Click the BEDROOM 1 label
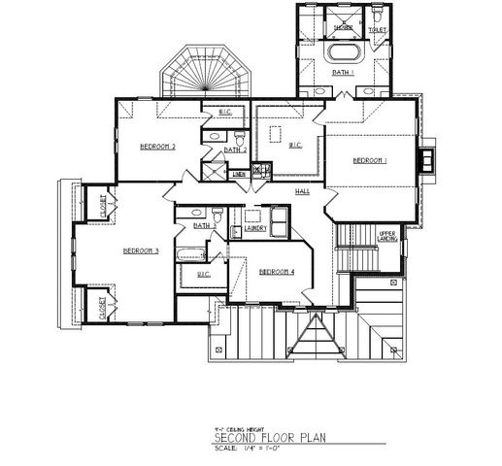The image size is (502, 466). [x=370, y=159]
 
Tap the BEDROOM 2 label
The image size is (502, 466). [x=157, y=147]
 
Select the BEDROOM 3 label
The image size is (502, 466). [x=141, y=250]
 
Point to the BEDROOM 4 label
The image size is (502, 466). [x=277, y=271]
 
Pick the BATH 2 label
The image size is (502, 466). [x=234, y=150]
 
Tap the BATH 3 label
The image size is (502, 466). [x=203, y=225]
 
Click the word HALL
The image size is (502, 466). [x=303, y=191]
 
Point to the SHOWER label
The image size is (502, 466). [x=344, y=28]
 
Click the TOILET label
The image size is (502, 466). [x=377, y=30]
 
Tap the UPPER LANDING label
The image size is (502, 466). [x=386, y=235]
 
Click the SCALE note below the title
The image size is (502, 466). [x=254, y=449]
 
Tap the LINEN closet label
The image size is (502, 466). [x=239, y=175]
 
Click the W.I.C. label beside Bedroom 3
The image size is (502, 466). [x=204, y=275]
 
